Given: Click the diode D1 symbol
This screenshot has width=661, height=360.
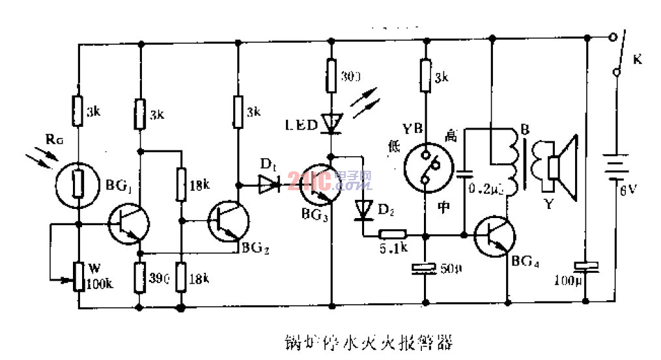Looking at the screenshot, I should [268, 186].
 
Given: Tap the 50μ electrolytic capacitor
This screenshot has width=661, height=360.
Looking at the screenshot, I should [424, 268].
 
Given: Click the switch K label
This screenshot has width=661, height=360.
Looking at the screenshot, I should [638, 61].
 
